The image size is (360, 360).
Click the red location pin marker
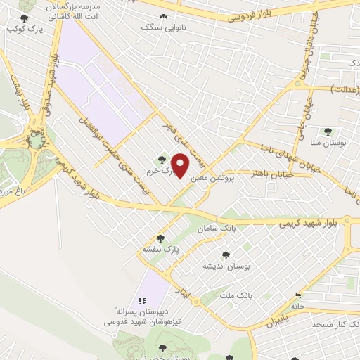(x=181, y=166)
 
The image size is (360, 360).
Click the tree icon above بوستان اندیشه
(x=225, y=255)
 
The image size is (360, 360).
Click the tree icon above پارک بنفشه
(x=161, y=238)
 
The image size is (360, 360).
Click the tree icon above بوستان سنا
(x=327, y=131)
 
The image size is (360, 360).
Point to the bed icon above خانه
(x=298, y=295)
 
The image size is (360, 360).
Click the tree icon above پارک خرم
(x=163, y=160)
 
